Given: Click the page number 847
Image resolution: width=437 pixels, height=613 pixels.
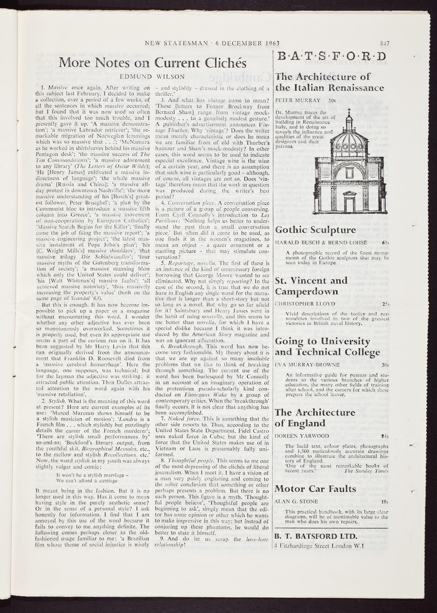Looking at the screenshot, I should [384, 43].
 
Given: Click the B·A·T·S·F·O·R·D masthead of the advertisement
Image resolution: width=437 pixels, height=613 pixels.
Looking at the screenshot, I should [331, 57].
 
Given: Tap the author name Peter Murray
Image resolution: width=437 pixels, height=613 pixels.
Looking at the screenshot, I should [293, 100].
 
